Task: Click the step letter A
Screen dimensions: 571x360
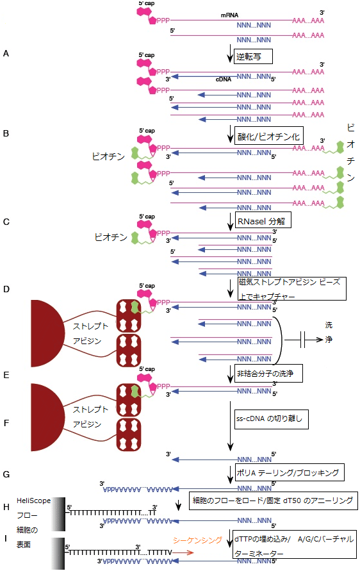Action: point(6,54)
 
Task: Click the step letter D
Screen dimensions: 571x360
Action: point(6,290)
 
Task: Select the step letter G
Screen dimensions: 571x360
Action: point(6,475)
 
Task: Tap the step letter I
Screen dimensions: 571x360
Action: point(6,538)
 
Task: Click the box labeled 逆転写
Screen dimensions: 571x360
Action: point(253,56)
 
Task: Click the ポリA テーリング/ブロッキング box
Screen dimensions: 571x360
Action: point(290,473)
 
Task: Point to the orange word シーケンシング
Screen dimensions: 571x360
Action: point(197,539)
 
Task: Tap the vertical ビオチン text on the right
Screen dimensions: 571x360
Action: point(350,152)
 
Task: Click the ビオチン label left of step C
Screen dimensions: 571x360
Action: point(110,237)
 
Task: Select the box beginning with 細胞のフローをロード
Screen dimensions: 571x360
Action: point(272,500)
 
